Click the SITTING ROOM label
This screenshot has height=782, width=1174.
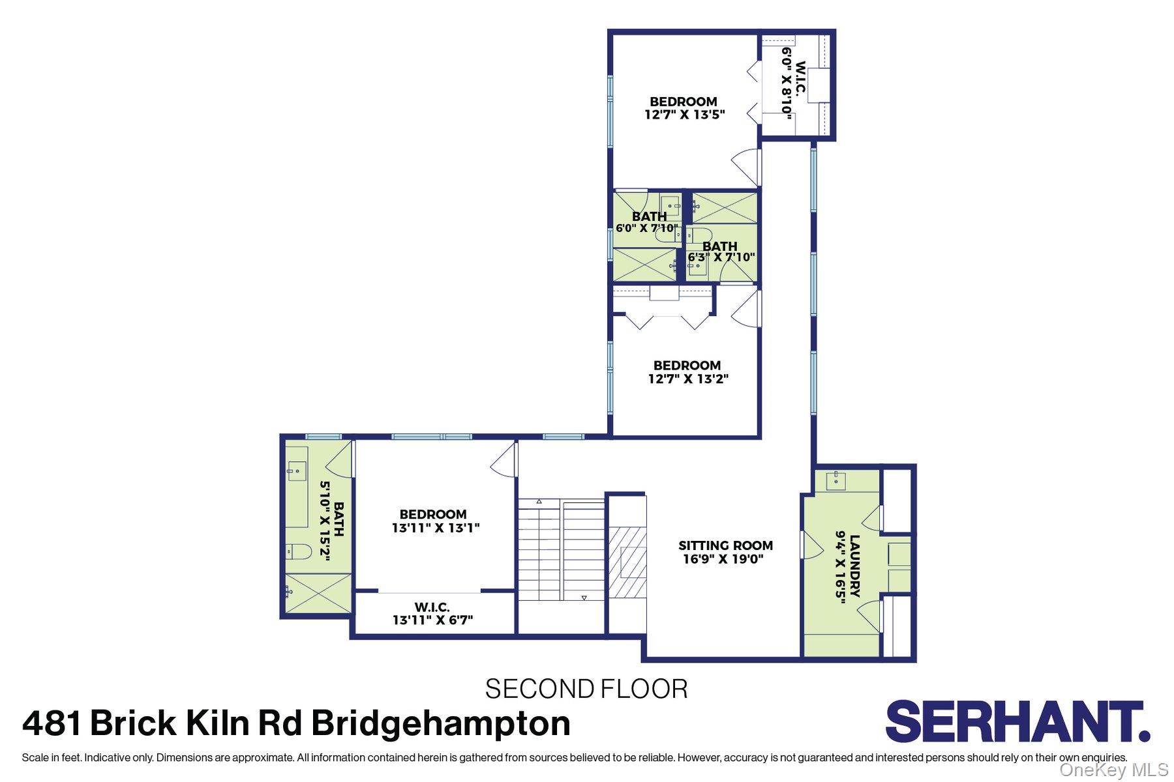tap(725, 545)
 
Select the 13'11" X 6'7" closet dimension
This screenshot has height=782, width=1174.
tap(432, 620)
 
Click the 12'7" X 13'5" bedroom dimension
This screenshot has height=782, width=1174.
tap(684, 115)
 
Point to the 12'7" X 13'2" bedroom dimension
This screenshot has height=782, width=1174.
tap(688, 379)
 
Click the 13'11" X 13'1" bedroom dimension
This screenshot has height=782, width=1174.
tap(435, 528)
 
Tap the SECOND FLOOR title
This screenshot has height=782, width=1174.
tap(586, 689)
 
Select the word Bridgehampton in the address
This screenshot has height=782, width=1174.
tap(441, 723)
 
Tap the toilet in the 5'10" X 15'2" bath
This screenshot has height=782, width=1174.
tap(299, 552)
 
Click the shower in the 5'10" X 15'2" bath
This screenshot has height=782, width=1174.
tap(318, 593)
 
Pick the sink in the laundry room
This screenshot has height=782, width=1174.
tap(835, 481)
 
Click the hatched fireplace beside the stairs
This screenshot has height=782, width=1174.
tap(627, 562)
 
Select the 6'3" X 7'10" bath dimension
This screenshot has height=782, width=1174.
tap(721, 257)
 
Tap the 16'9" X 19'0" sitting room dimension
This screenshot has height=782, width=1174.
tap(723, 559)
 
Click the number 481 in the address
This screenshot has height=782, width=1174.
tap(53, 723)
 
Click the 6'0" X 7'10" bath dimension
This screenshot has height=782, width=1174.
tap(646, 228)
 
